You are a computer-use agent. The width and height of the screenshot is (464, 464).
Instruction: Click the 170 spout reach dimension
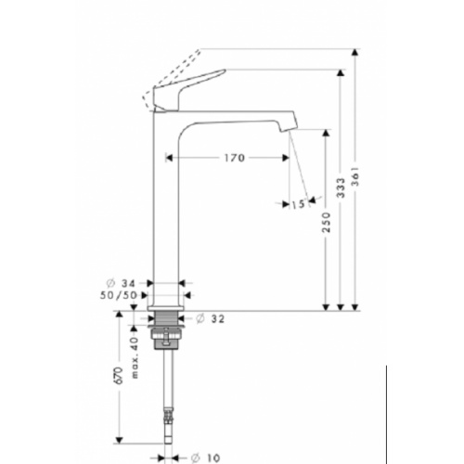tap(233, 158)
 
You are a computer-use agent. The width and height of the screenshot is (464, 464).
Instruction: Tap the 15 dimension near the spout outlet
tap(298, 203)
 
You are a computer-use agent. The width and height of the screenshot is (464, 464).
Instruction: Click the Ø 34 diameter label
tap(122, 283)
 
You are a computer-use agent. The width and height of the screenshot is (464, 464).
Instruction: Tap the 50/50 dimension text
tap(120, 294)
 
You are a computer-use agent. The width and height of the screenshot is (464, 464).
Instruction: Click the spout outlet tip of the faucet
tap(288, 127)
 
